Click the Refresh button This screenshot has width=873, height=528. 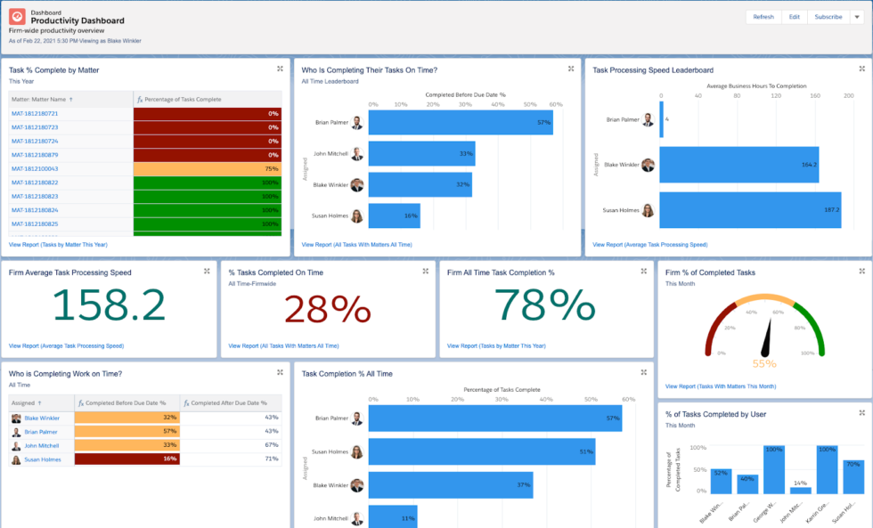pyautogui.click(x=763, y=17)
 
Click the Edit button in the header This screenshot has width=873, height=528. pyautogui.click(x=794, y=17)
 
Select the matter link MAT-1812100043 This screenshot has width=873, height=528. pyautogui.click(x=35, y=168)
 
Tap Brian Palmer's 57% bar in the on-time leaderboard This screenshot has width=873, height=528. pyautogui.click(x=460, y=123)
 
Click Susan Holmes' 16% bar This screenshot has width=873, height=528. pyautogui.click(x=394, y=215)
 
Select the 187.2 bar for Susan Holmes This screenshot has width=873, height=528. pyautogui.click(x=750, y=210)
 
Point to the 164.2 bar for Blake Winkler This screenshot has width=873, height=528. pyautogui.click(x=739, y=165)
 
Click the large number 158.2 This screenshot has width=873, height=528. pyautogui.click(x=110, y=306)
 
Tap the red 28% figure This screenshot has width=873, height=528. pyautogui.click(x=327, y=308)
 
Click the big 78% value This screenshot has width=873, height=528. pyautogui.click(x=546, y=306)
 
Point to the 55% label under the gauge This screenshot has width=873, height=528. pyautogui.click(x=764, y=363)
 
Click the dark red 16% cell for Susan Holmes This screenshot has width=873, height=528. pyautogui.click(x=127, y=459)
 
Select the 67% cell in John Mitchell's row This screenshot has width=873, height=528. pyautogui.click(x=231, y=445)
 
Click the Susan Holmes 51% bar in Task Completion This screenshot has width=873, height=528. pyautogui.click(x=481, y=451)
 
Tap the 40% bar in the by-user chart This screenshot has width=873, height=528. pyautogui.click(x=747, y=483)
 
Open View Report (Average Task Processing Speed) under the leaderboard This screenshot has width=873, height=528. pyautogui.click(x=649, y=244)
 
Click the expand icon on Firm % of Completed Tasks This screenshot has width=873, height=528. pyautogui.click(x=861, y=271)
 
